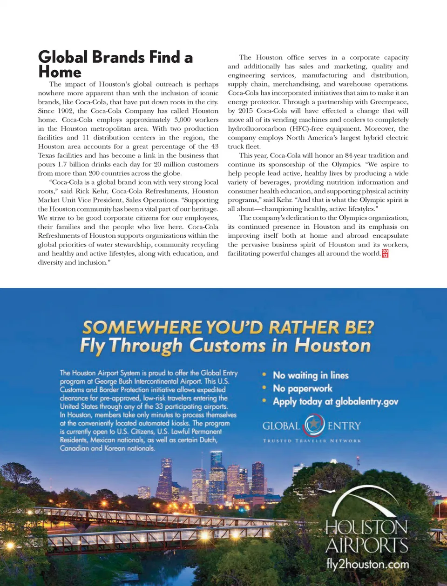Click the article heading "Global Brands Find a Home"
coord(115,65)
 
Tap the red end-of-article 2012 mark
coord(385,253)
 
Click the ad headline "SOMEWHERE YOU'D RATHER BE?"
coord(228,327)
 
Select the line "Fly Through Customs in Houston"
coord(225,346)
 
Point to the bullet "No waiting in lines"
coord(311,375)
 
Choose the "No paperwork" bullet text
coord(303,388)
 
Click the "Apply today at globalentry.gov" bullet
coord(335,401)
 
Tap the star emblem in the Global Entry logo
coord(314,424)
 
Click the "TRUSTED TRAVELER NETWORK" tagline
coord(312,440)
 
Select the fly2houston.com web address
coord(367,565)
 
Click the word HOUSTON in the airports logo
coord(366,527)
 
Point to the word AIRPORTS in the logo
coord(367,545)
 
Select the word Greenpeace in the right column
coord(388,102)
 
